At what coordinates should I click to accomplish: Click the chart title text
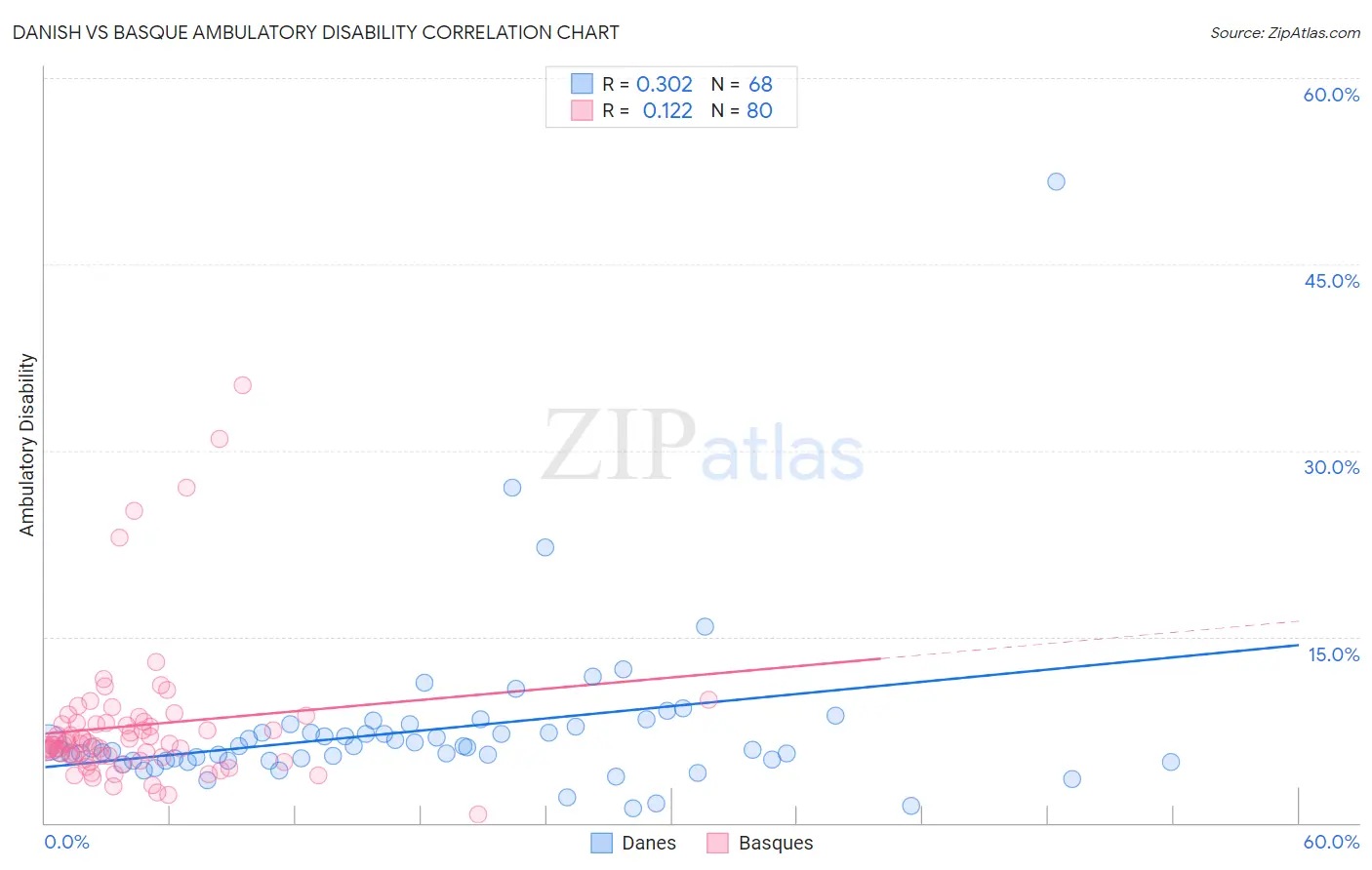coord(316,32)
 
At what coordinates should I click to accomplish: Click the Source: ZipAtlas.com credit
coord(1284,32)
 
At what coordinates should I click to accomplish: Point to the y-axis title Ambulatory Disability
coord(27,444)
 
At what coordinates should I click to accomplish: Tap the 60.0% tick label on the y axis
coord(1331,95)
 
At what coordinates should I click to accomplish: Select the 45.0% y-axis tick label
coord(1331,281)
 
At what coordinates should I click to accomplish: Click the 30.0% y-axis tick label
coord(1331,467)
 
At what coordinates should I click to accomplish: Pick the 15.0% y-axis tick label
coord(1333,654)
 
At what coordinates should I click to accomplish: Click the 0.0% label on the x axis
coord(66,842)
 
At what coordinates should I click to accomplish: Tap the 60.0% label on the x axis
coord(1331,842)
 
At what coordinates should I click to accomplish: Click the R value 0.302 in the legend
coord(665,85)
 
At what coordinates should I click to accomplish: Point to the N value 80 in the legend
coord(759,111)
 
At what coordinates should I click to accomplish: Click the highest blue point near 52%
coord(1056,181)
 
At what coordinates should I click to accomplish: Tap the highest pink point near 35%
coord(243,385)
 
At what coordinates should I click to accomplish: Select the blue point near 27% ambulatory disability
coord(512,488)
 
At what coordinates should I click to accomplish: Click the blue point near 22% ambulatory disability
coord(545,547)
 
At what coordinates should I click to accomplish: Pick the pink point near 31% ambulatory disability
coord(220,439)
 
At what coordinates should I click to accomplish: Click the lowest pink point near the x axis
coord(478,814)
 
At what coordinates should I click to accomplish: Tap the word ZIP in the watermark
coord(619,446)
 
